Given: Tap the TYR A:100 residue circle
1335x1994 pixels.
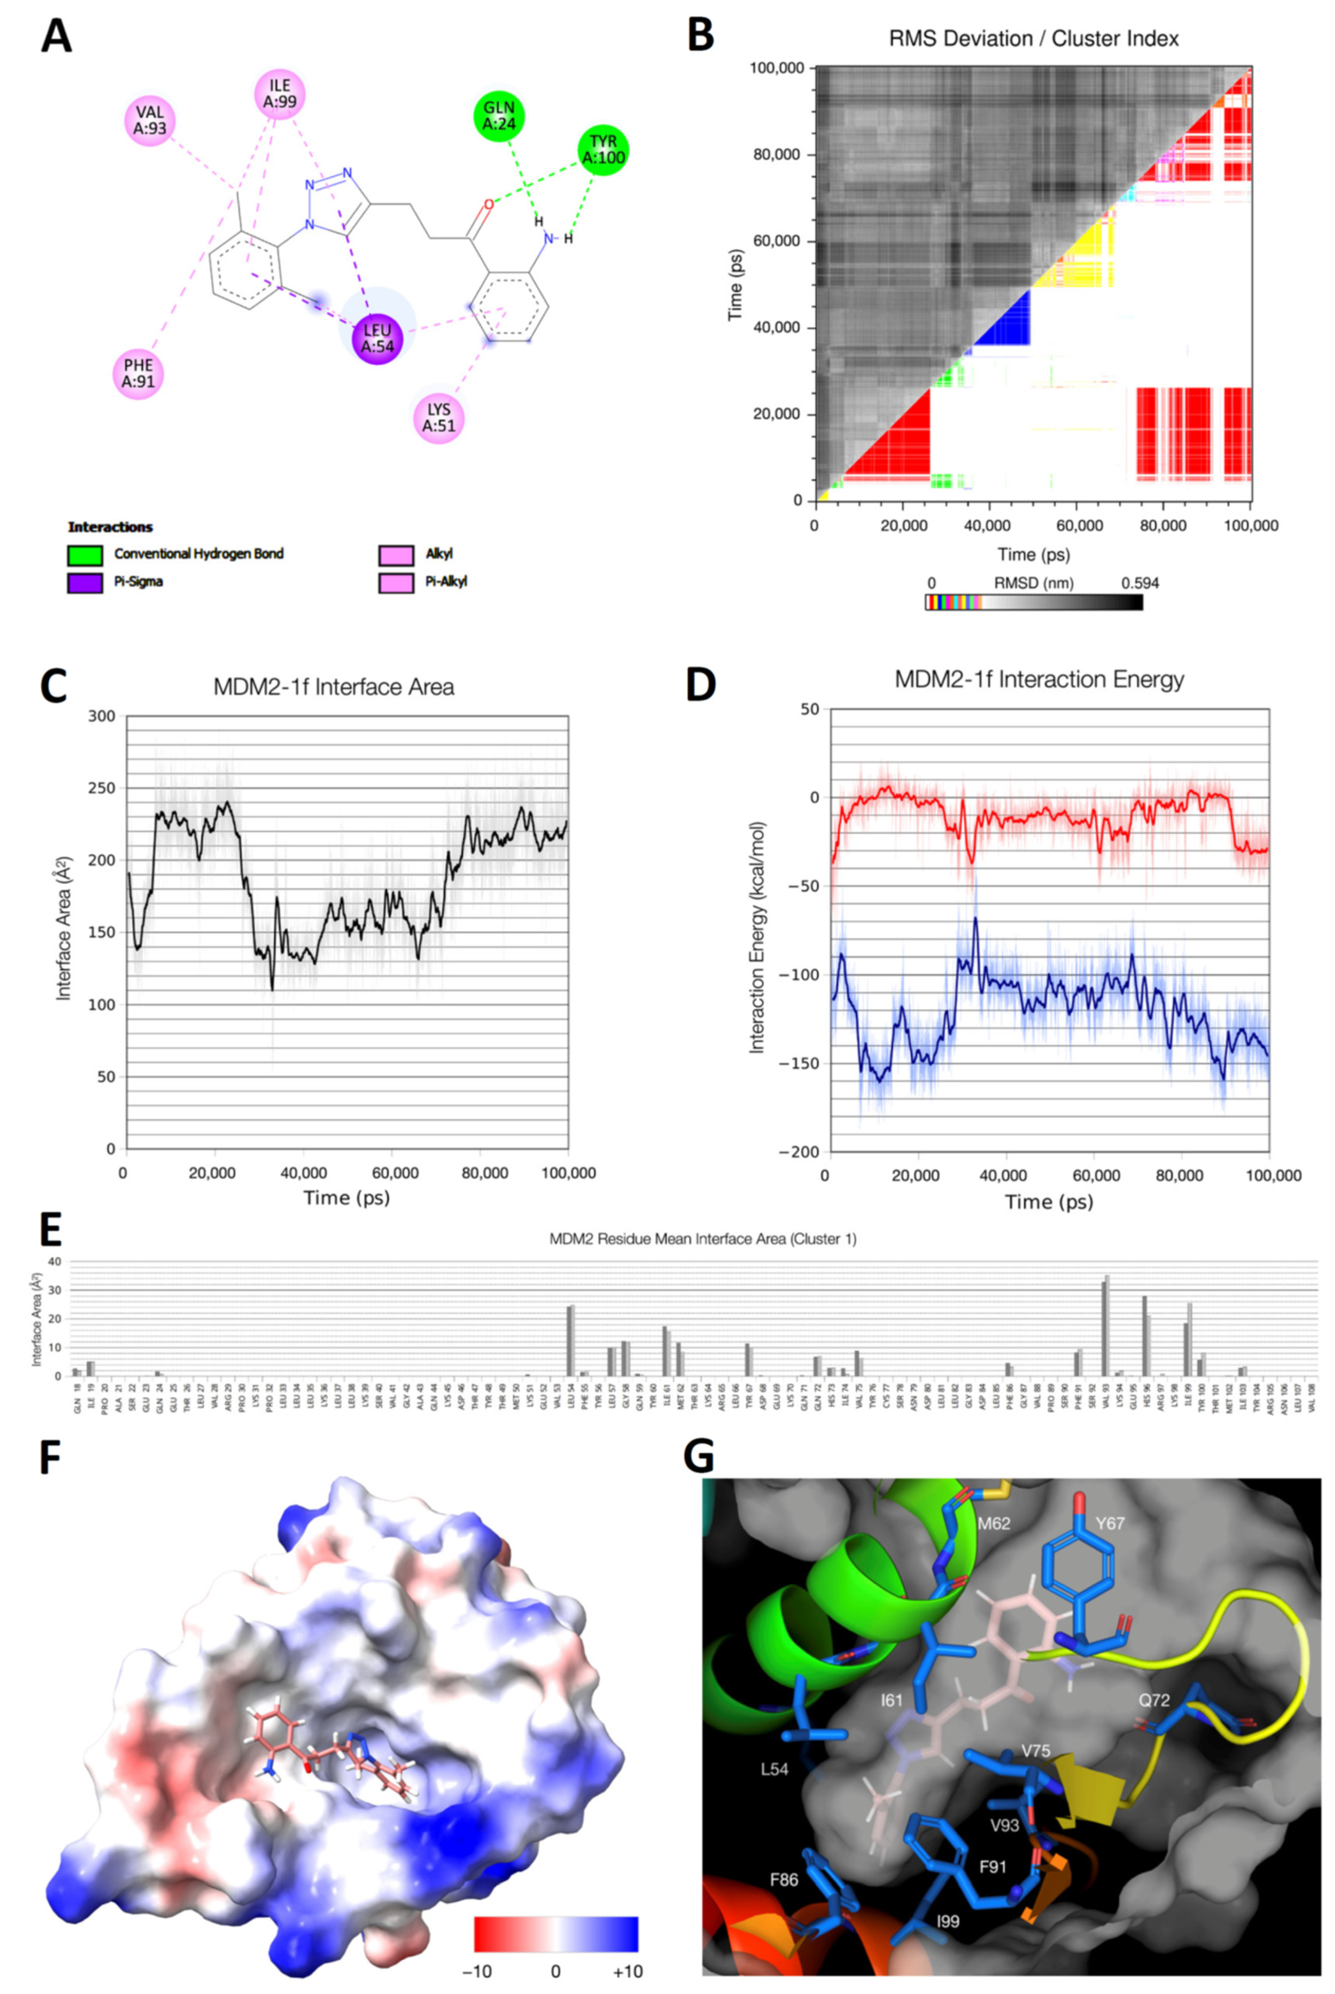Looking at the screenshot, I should click(x=603, y=149).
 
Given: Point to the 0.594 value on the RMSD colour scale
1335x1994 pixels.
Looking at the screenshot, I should click(x=1139, y=583).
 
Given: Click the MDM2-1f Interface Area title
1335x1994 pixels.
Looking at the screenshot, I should click(x=334, y=687).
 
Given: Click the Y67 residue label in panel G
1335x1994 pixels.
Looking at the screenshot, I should click(x=1110, y=1523).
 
